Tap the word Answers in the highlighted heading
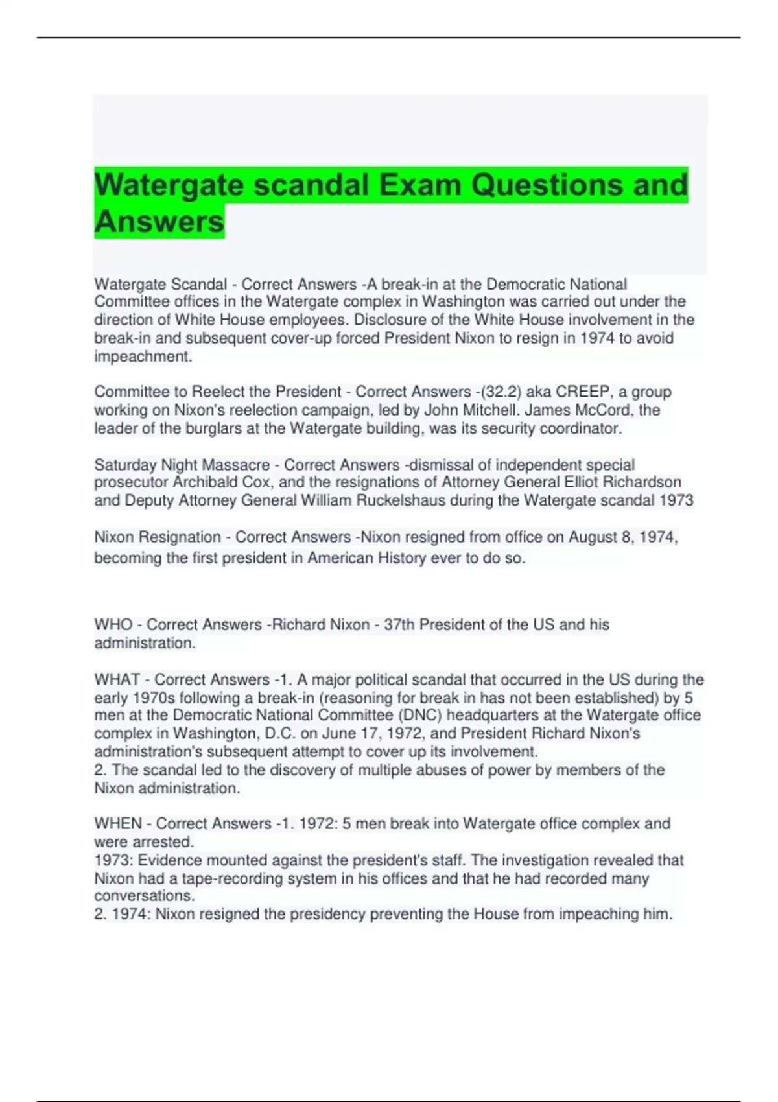[x=159, y=221]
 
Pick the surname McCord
[x=603, y=410]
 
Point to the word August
[x=593, y=537]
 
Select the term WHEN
[x=118, y=823]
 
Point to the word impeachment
[x=143, y=357]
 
